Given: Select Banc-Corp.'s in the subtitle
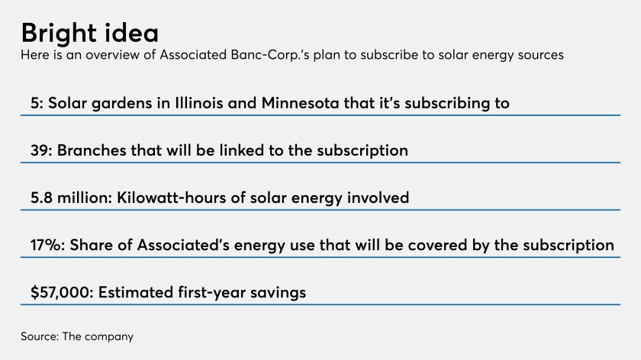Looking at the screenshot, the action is pyautogui.click(x=270, y=55).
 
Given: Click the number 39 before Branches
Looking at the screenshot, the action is pyautogui.click(x=40, y=150).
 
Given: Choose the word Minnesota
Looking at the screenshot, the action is pyautogui.click(x=301, y=103).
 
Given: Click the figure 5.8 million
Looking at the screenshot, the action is pyautogui.click(x=70, y=198).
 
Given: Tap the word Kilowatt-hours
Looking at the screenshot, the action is pyautogui.click(x=172, y=198).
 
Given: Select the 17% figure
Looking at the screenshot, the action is pyautogui.click(x=47, y=245).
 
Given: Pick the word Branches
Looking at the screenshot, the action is pyautogui.click(x=92, y=150).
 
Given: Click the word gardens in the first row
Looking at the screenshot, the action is pyautogui.click(x=122, y=104).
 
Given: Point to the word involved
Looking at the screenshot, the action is pyautogui.click(x=378, y=198).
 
